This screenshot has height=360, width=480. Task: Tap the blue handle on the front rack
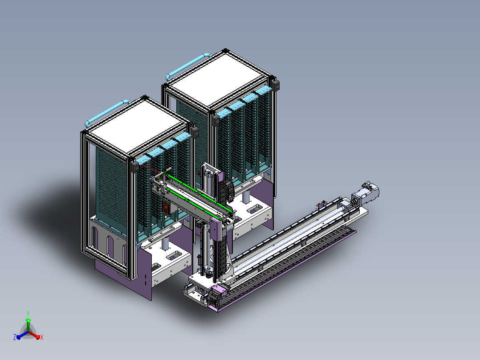tap(107, 112)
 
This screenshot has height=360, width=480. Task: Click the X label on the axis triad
tap(42, 337)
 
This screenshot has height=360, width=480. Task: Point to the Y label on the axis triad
tap(28, 313)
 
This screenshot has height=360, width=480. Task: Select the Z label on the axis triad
tap(14, 337)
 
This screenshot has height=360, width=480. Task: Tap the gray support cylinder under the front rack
tap(165, 244)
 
